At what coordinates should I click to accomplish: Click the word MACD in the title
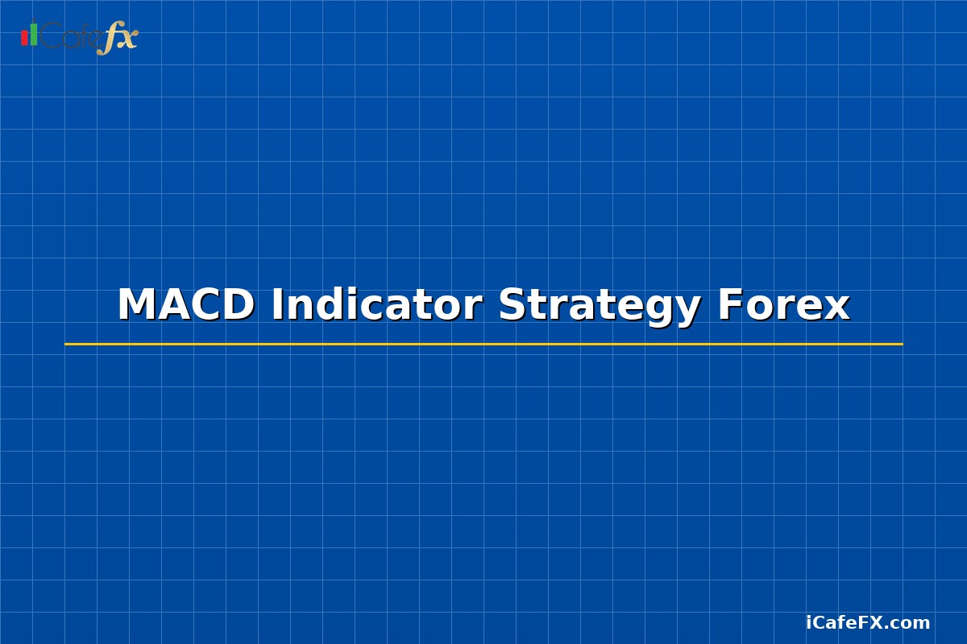click(185, 306)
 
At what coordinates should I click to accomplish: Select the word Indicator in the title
click(376, 306)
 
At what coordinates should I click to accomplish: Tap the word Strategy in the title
click(599, 306)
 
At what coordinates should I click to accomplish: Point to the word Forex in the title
click(782, 306)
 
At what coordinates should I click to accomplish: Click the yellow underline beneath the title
click(483, 344)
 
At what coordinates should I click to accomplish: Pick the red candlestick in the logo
click(24, 38)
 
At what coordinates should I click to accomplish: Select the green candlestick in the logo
click(34, 35)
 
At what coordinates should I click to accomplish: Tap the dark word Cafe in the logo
click(71, 36)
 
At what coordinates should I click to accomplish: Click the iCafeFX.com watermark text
click(868, 623)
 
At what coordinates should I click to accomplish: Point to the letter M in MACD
click(138, 306)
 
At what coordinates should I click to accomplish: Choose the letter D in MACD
click(238, 306)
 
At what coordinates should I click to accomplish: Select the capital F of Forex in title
click(730, 306)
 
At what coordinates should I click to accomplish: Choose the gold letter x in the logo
click(128, 39)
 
